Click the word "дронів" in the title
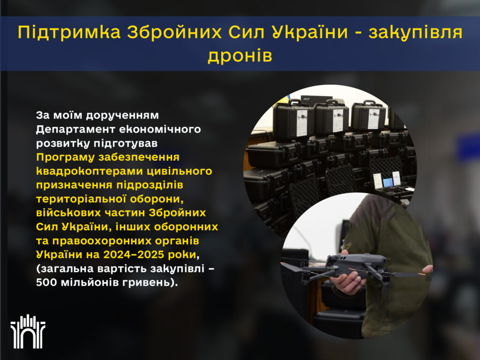[x=240, y=56]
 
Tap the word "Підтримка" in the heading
[x=69, y=32]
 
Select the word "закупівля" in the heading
[x=415, y=32]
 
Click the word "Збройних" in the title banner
[x=174, y=32]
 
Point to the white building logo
[x=28, y=331]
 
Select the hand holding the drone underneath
[x=348, y=282]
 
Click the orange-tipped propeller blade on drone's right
[x=408, y=274]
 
